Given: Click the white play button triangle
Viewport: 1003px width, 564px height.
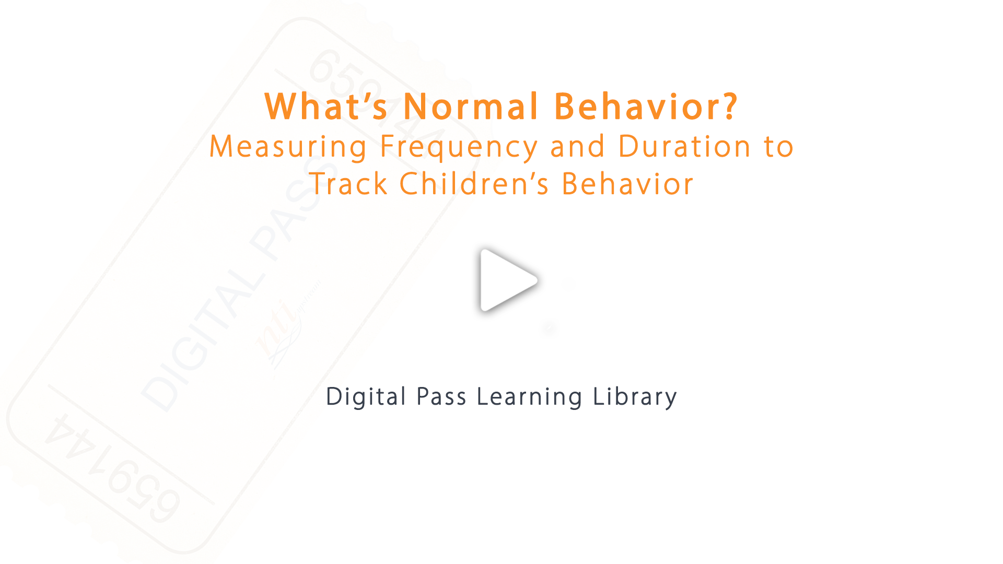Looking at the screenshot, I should pos(505,280).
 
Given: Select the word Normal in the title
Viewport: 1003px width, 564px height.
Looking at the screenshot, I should pos(471,107).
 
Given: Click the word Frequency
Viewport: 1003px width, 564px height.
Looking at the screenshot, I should pos(459,147).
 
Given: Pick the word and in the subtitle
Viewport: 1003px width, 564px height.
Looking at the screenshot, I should pos(578,147).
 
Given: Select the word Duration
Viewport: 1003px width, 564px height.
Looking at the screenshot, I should pos(684,147).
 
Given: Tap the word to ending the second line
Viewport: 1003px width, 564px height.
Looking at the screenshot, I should pos(778,147).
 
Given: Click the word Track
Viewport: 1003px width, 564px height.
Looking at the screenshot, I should pos(348,184).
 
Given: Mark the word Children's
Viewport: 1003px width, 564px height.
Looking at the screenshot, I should pos(474,184).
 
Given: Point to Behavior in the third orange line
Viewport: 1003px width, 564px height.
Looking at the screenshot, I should pos(627,184).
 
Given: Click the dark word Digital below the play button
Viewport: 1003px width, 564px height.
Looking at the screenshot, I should pos(366,397).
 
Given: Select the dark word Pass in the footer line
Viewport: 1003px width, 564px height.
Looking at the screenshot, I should pos(441,397).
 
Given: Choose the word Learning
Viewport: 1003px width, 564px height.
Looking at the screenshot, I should pos(530,397).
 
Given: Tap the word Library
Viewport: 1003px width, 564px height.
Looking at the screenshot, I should pos(635,397).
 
